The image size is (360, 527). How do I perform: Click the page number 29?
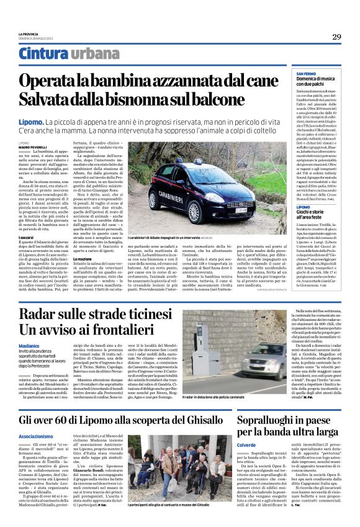(x=336, y=37)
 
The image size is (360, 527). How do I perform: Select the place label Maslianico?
(x=29, y=345)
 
